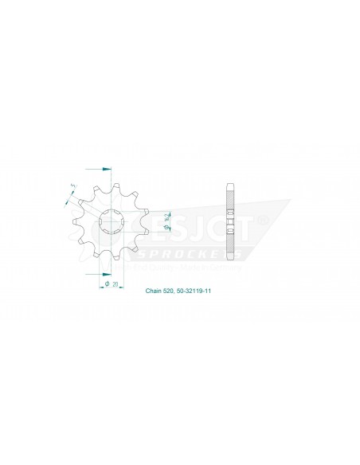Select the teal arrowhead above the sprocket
[107, 170]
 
